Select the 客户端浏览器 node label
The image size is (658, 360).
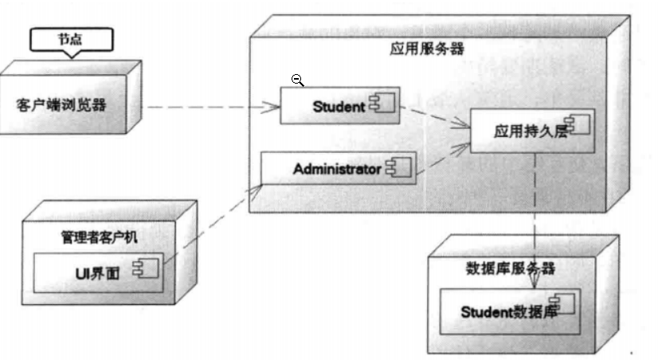tap(61, 105)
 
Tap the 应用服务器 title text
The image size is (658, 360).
tap(427, 49)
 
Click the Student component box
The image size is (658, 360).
tap(340, 106)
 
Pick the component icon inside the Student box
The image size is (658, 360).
tap(382, 104)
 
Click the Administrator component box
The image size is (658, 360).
tap(339, 168)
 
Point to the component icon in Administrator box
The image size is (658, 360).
tap(398, 168)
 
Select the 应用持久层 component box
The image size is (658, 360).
tap(532, 131)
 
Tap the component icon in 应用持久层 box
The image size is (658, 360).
tap(577, 124)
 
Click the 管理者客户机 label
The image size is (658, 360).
tap(99, 237)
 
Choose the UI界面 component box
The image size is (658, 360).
tap(98, 272)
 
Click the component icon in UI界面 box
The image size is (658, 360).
tap(146, 268)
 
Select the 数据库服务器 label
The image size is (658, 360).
tap(511, 268)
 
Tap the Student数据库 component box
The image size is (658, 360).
tap(510, 311)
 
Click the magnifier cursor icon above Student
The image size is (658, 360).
tap(297, 80)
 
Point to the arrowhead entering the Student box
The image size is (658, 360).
tap(271, 107)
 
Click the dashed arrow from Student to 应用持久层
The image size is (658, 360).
tap(435, 116)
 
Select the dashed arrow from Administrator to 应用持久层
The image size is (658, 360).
tap(444, 158)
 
